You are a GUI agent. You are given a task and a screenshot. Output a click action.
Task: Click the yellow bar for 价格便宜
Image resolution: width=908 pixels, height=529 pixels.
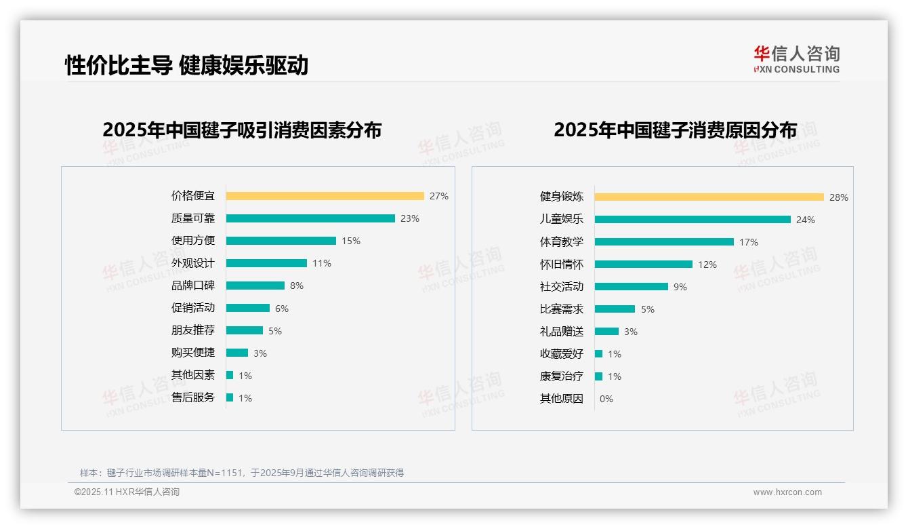point(325,196)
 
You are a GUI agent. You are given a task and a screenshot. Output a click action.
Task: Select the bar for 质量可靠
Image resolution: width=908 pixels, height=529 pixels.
point(310,218)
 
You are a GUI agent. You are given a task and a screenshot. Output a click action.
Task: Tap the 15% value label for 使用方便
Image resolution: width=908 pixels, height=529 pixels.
point(351,241)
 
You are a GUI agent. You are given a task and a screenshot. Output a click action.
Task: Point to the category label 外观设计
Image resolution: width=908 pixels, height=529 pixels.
point(193,263)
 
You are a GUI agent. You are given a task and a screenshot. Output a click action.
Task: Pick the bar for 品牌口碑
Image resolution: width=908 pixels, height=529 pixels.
point(255,286)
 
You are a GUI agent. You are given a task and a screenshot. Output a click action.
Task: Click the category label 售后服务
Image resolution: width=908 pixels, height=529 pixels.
point(193,397)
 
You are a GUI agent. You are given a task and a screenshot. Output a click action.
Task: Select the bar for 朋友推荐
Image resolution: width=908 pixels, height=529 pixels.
point(245,330)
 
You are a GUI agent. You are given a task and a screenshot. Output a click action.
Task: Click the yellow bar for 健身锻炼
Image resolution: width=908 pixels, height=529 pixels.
point(709,197)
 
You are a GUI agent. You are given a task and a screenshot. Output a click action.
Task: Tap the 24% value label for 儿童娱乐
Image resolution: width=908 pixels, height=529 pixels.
point(806,220)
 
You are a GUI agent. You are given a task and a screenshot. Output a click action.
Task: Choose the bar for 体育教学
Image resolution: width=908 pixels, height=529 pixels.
point(664,242)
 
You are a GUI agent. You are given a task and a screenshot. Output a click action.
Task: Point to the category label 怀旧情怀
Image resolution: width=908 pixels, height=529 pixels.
point(562,264)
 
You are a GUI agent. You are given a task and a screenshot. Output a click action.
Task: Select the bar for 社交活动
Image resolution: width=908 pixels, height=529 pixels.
point(632,287)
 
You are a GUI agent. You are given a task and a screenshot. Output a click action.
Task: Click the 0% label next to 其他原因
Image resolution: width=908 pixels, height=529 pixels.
point(606,399)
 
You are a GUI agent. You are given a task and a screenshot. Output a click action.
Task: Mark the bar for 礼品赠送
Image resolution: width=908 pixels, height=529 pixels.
point(607,332)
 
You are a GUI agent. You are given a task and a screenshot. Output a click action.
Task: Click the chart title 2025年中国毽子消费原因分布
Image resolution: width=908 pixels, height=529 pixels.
point(675,130)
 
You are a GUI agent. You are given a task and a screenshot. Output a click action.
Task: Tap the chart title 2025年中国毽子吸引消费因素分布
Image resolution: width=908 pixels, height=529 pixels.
point(242,130)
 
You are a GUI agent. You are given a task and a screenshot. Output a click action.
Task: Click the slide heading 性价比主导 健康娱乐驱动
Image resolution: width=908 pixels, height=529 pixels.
point(186,65)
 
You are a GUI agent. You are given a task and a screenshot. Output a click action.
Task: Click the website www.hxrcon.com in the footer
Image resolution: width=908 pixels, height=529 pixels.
point(787,492)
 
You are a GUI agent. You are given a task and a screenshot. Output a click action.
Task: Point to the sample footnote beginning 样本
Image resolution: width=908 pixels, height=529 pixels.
point(242,473)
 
